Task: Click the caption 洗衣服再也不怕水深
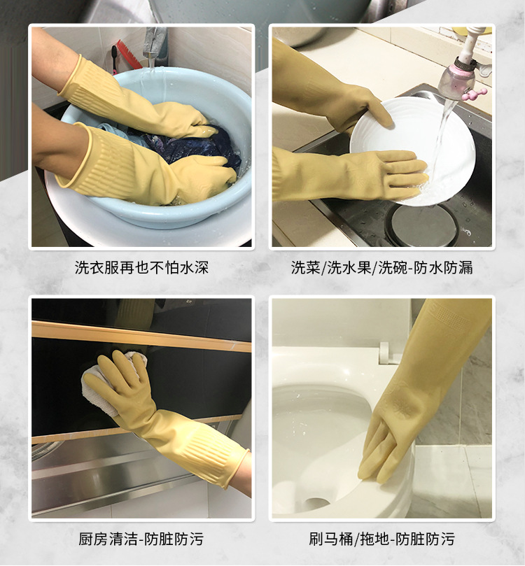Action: coord(141,267)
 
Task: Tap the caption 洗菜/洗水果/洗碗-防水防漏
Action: coord(381,267)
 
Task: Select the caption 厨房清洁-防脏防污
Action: coord(141,539)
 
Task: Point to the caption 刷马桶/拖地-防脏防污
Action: coord(381,539)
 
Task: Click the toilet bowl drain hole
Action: coord(316,502)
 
